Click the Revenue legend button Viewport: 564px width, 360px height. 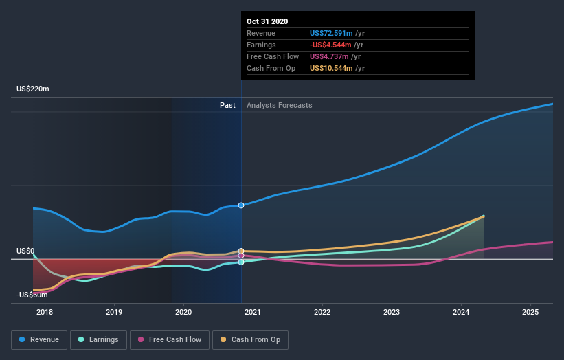click(x=39, y=339)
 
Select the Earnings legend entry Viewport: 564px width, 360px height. click(x=98, y=339)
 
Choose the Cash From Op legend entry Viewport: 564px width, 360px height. click(x=251, y=339)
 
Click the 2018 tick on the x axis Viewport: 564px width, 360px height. click(x=45, y=313)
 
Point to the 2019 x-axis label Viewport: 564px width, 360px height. click(x=114, y=313)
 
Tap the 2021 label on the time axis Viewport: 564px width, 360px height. click(x=253, y=313)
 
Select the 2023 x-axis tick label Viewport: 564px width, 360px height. click(x=392, y=313)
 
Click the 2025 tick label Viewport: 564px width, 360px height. click(x=530, y=313)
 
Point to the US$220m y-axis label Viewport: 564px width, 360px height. click(x=33, y=89)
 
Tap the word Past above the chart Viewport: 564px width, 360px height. click(x=227, y=105)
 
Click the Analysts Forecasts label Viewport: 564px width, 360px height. click(x=279, y=105)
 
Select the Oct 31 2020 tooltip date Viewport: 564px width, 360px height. click(x=267, y=21)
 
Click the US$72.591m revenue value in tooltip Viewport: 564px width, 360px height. click(x=331, y=33)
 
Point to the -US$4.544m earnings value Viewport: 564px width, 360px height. click(x=332, y=45)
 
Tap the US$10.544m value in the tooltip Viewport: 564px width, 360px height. click(x=331, y=68)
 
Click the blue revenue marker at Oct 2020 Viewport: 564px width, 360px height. click(x=241, y=205)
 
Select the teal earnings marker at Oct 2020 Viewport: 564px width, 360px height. click(x=241, y=262)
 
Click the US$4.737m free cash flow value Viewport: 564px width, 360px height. click(x=329, y=56)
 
